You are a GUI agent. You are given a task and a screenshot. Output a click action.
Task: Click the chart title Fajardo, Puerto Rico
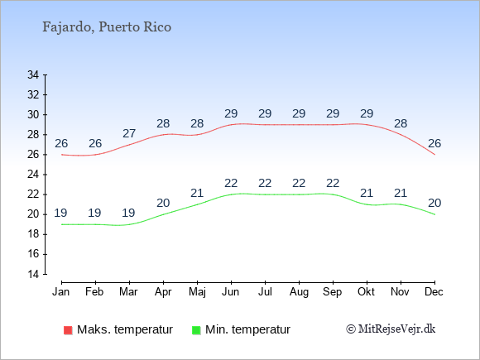[107, 27]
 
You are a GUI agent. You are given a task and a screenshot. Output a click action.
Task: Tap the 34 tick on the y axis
[33, 74]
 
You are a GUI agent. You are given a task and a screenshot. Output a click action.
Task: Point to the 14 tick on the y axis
[33, 274]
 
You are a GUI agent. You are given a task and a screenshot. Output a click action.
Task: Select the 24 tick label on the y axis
[33, 175]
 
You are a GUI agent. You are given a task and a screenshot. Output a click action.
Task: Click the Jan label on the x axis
[61, 292]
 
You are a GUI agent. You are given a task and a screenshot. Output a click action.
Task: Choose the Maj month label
[197, 292]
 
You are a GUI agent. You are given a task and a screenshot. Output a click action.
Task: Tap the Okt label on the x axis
[366, 292]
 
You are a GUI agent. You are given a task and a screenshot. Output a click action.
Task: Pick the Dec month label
[434, 292]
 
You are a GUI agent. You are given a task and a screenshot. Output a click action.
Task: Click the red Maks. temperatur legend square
[68, 330]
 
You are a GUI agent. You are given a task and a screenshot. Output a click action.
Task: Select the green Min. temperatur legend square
[196, 330]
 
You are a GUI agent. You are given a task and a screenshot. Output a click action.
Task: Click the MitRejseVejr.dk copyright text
[391, 329]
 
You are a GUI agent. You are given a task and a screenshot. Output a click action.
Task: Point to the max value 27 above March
[129, 133]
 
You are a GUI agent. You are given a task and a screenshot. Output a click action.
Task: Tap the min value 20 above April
[163, 203]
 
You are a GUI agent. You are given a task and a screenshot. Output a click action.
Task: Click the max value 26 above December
[434, 143]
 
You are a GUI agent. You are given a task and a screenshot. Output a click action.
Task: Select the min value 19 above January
[60, 213]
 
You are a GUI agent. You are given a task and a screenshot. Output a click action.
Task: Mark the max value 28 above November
[401, 123]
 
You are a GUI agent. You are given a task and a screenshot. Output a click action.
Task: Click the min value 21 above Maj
[197, 193]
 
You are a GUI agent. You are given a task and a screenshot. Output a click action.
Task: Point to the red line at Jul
[265, 125]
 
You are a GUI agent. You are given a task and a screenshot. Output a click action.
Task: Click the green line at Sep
[333, 194]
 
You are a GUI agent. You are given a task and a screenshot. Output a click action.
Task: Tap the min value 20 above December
[434, 203]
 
